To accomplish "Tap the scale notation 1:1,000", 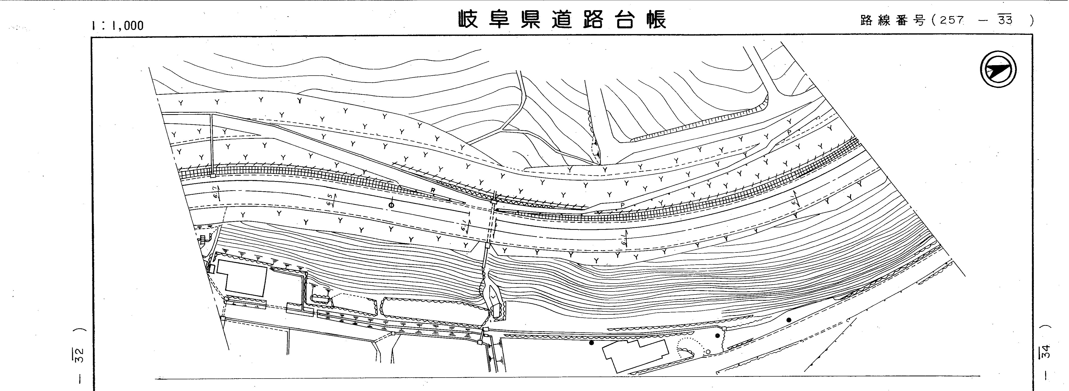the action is [x=117, y=26].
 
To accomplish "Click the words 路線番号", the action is [x=892, y=21].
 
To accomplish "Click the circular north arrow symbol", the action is [x=998, y=69].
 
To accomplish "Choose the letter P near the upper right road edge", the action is [x=789, y=132].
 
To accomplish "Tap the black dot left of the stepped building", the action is [x=591, y=343].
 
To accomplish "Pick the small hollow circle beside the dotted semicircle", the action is [x=708, y=351].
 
